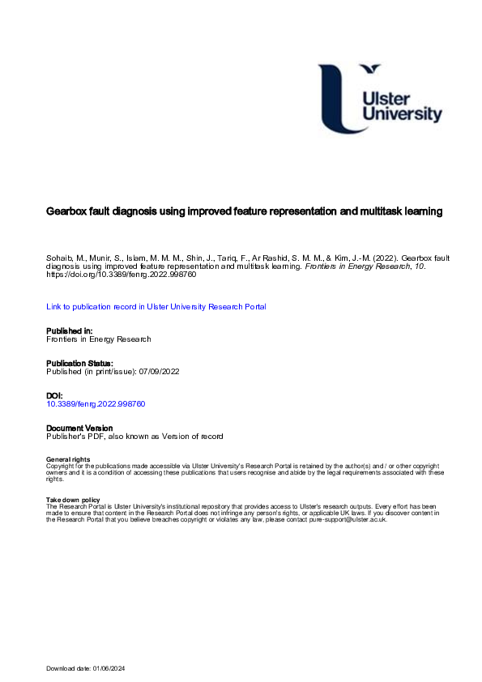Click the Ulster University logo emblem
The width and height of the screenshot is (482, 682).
(340, 97)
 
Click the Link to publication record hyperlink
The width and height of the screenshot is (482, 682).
(156, 307)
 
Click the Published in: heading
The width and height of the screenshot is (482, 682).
(69, 330)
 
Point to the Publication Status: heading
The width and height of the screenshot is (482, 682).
(79, 363)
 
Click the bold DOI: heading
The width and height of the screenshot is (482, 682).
(55, 395)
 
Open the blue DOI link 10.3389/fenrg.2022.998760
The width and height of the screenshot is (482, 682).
(96, 403)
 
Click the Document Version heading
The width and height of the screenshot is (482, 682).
(79, 428)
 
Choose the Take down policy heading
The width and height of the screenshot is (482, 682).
(73, 500)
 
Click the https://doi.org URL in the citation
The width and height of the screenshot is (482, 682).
(121, 275)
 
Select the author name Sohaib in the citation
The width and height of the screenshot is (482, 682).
(58, 257)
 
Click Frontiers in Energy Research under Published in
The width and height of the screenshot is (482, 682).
(99, 339)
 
